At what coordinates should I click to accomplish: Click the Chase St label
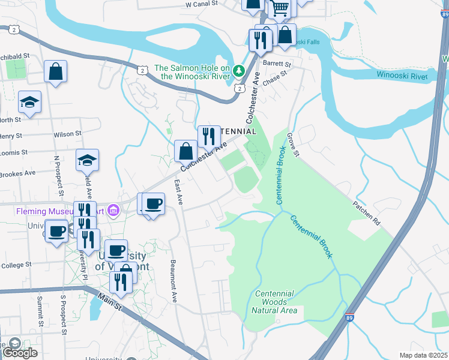pos(275,79)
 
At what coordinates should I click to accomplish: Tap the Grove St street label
pos(292,145)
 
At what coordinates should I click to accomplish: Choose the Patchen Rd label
pos(367,213)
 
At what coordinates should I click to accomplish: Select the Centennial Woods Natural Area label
pos(274,302)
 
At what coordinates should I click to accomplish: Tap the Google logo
pos(20,352)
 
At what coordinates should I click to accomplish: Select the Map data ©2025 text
pos(423,355)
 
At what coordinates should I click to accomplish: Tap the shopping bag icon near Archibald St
pos(55,72)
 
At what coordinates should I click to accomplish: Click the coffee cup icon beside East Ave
pos(154,203)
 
